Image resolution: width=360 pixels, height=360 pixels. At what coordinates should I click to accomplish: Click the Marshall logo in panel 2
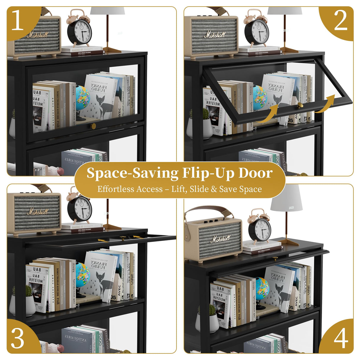215,35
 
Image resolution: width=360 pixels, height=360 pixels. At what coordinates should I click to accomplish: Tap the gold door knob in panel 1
94,126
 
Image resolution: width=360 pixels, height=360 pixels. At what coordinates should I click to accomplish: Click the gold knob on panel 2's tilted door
300,105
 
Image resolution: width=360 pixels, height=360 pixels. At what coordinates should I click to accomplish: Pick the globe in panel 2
259,98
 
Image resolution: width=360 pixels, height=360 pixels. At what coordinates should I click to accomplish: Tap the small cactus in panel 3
28,291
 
